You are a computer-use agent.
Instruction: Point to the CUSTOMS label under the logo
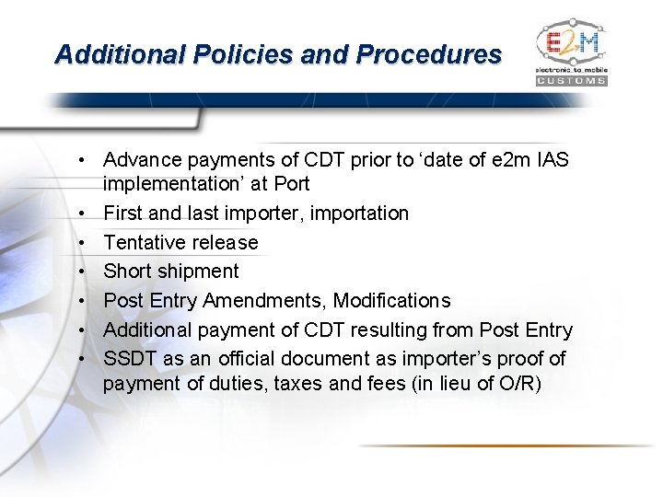(x=572, y=81)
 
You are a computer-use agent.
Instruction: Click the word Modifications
(x=392, y=300)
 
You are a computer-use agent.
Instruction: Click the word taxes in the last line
(x=300, y=382)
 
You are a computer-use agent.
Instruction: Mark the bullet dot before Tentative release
(x=83, y=242)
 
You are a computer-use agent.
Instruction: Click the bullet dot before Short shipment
(x=83, y=272)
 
